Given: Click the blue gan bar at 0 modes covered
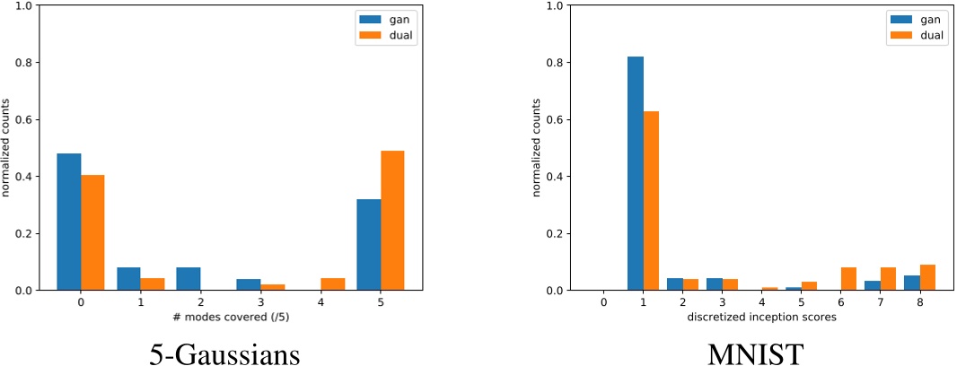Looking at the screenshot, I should [69, 222].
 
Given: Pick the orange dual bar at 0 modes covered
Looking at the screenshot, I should [92, 232].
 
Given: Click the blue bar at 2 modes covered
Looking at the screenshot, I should [189, 279].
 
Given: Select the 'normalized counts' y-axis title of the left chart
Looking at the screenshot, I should [7, 148].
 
